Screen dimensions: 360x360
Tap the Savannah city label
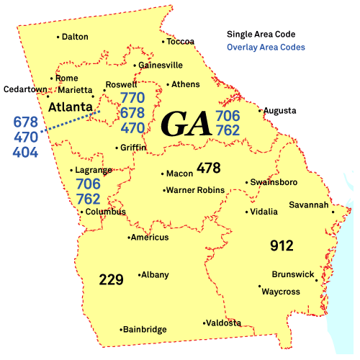point(309,205)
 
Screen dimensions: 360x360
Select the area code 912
point(282,246)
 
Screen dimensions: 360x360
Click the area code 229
point(112,279)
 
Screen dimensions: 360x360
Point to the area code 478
point(208,168)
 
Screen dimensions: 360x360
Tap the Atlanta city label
point(70,107)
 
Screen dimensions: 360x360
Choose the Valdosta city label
point(224,323)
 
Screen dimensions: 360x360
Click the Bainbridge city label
point(144,330)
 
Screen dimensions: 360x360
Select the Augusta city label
point(279,111)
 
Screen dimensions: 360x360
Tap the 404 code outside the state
point(24,152)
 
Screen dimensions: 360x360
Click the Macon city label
point(179,174)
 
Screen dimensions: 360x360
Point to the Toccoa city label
point(181,42)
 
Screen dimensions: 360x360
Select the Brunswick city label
point(293,274)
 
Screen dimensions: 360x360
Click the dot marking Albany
point(138,275)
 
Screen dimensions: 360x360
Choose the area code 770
point(132,98)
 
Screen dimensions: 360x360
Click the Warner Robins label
point(195,190)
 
